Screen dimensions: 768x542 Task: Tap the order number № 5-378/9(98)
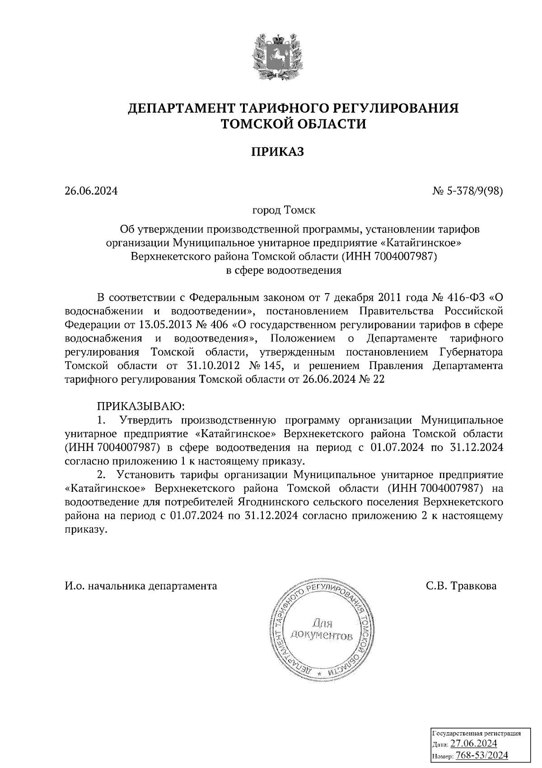467,191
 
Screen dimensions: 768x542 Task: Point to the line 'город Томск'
284,211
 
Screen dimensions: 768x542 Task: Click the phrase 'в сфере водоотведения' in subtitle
284,270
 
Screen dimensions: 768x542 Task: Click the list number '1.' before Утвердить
102,420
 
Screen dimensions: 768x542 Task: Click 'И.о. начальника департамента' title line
140,586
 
